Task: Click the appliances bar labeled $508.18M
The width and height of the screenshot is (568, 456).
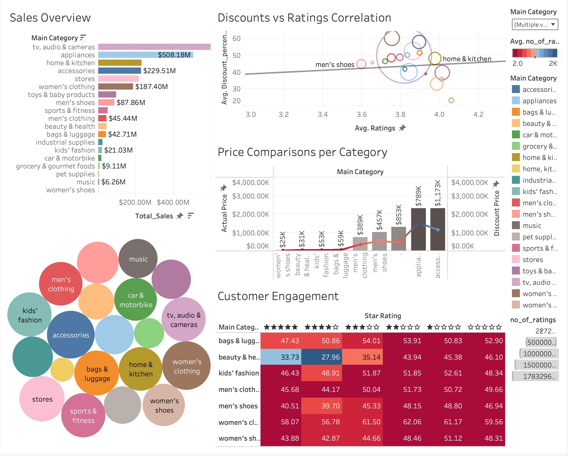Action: click(x=146, y=55)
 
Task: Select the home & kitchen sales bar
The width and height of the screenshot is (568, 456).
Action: click(x=120, y=63)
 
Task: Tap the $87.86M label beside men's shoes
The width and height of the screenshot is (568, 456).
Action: click(x=131, y=102)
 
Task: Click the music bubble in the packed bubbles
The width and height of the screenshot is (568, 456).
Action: click(x=138, y=259)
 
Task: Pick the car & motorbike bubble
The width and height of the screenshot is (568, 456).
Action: click(x=136, y=300)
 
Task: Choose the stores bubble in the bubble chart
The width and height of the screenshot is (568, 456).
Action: click(x=42, y=399)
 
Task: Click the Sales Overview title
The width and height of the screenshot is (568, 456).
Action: click(x=50, y=18)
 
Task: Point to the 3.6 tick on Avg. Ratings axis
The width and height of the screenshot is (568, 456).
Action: click(x=362, y=115)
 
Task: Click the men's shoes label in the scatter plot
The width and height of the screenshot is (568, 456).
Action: click(x=335, y=65)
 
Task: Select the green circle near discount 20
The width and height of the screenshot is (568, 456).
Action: click(x=451, y=100)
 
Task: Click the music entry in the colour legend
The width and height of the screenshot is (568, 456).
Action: click(x=532, y=226)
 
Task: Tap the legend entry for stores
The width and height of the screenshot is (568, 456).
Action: click(x=532, y=260)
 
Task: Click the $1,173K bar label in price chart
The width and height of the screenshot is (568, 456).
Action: click(x=438, y=193)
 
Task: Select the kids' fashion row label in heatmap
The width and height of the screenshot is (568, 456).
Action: click(x=238, y=373)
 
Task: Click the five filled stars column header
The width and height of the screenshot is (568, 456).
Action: click(x=281, y=327)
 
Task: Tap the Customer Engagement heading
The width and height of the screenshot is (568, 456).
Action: click(x=278, y=296)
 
